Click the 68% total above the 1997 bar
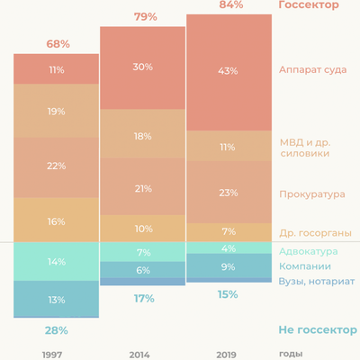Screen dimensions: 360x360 click(x=56, y=44)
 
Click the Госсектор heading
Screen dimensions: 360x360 click(x=309, y=5)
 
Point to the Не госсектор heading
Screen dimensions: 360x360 click(x=312, y=330)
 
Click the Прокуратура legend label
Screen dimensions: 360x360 click(x=312, y=193)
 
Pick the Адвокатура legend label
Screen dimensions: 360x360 click(x=310, y=251)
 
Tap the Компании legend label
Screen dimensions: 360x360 click(x=305, y=266)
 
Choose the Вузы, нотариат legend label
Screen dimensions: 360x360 click(x=317, y=282)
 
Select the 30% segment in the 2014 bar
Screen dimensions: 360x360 click(x=142, y=67)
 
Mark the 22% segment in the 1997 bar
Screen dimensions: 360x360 click(x=56, y=166)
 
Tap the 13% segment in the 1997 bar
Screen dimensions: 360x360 click(x=56, y=300)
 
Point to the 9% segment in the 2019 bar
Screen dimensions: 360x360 click(x=229, y=266)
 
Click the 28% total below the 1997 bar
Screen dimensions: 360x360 click(x=56, y=330)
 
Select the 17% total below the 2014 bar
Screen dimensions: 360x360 click(x=142, y=298)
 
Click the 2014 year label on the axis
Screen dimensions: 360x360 click(x=139, y=355)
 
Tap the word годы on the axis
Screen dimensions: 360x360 click(x=291, y=355)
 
